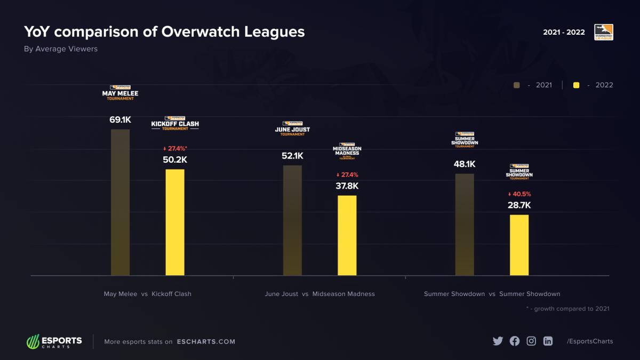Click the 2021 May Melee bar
tap(120, 203)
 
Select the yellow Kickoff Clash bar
tap(175, 222)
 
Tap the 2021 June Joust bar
tap(292, 220)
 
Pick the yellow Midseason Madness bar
tap(347, 235)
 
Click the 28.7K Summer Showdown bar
tap(519, 245)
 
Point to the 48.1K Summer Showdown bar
tap(465, 225)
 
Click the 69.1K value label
tap(120, 119)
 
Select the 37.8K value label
tap(347, 186)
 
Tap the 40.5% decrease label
tap(519, 194)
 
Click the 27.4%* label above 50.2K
tap(175, 148)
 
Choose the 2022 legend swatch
tap(576, 85)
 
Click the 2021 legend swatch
tap(516, 85)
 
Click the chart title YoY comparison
tap(164, 32)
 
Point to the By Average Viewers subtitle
tap(61, 49)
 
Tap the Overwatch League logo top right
tap(604, 32)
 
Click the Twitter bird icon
tap(498, 341)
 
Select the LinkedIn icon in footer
tap(548, 341)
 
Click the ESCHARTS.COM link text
tap(206, 341)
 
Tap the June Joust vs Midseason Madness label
tap(319, 294)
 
